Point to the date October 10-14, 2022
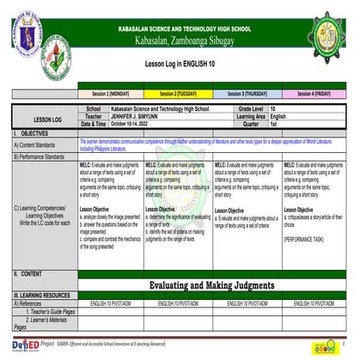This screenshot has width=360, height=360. point(135,124)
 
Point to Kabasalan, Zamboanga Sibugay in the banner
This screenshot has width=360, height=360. point(180,41)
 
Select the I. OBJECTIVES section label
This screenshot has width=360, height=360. point(31,134)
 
